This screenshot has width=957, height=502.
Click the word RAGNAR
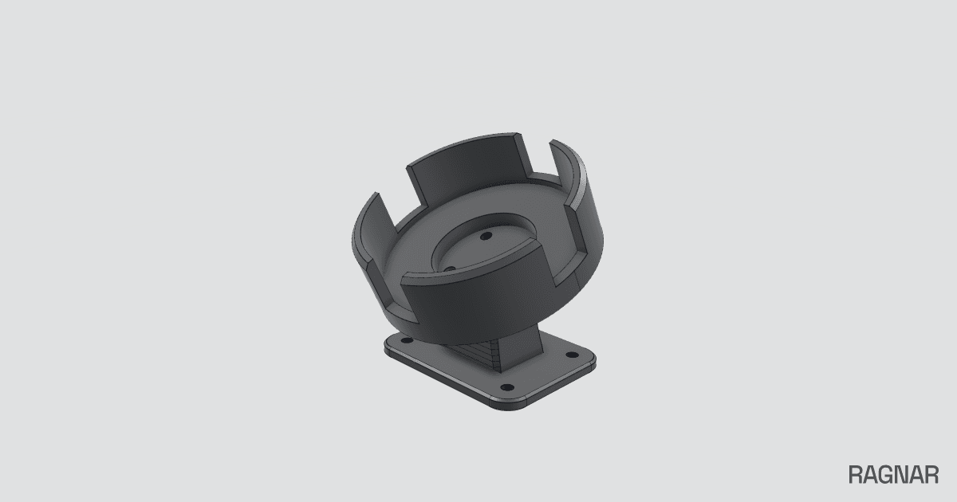click(893, 475)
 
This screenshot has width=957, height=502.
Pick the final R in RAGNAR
click(931, 475)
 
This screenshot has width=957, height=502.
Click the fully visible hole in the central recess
click(486, 236)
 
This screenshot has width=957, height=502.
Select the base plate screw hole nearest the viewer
click(507, 387)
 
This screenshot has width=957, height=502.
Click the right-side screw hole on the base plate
click(572, 355)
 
